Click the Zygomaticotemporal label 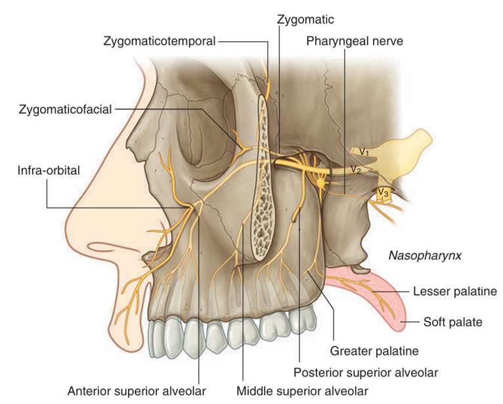pos(159,41)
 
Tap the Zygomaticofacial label pos(66,108)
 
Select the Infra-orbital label pos(49,170)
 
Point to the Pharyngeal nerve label pos(354,41)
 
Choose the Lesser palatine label pos(454,291)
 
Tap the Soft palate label pos(453,322)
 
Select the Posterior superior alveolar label pos(365,372)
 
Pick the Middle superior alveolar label pos(302,391)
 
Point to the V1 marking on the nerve pos(363,152)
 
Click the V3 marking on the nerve pos(383,192)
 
